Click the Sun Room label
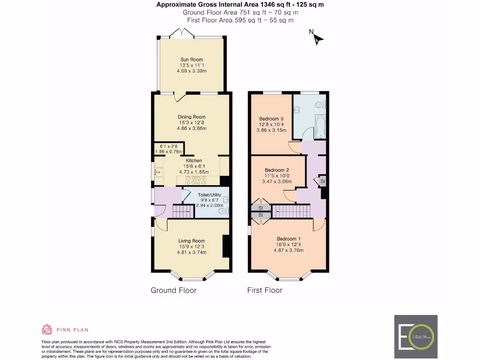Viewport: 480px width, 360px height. (191, 60)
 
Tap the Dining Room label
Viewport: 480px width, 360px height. (191, 117)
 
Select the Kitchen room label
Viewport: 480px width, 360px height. (194, 161)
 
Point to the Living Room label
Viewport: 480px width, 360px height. (192, 241)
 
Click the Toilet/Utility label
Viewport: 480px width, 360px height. (209, 195)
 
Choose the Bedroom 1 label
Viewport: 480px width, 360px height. (288, 239)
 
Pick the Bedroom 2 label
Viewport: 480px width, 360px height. (277, 170)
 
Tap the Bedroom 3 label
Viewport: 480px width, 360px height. (271, 119)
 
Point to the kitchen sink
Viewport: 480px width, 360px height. (157, 172)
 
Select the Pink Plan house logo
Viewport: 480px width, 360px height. (47, 330)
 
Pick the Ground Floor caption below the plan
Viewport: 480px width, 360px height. (173, 291)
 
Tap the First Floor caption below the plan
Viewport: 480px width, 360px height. (265, 291)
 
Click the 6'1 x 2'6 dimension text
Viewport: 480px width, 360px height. (169, 146)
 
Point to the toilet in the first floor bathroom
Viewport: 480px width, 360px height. (320, 105)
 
